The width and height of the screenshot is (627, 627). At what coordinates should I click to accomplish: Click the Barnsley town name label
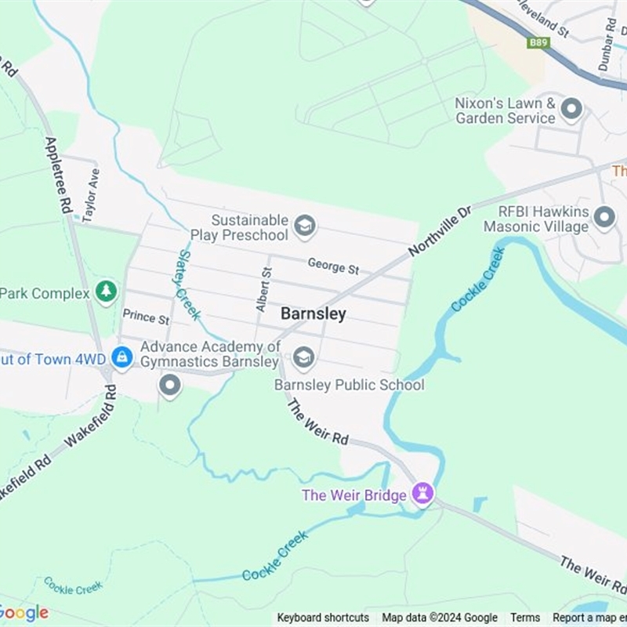pyautogui.click(x=313, y=313)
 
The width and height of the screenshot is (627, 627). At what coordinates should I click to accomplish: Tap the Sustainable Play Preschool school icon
pyautogui.click(x=304, y=228)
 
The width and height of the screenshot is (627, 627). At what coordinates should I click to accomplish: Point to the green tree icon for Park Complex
pyautogui.click(x=106, y=292)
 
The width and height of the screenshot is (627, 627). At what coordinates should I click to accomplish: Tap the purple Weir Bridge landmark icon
pyautogui.click(x=424, y=494)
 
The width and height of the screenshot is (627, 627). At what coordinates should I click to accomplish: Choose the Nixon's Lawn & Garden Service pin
pyautogui.click(x=572, y=110)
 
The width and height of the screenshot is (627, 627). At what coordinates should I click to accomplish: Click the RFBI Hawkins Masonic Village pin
pyautogui.click(x=603, y=218)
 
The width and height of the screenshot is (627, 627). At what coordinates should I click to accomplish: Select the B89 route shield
pyautogui.click(x=538, y=42)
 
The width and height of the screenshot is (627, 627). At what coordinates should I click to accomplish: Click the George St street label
pyautogui.click(x=333, y=266)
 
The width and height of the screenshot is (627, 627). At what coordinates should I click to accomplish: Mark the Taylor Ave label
pyautogui.click(x=91, y=194)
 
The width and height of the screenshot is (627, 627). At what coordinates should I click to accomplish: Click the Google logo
pyautogui.click(x=24, y=613)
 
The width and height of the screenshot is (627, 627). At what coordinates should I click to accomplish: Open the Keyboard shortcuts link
pyautogui.click(x=323, y=618)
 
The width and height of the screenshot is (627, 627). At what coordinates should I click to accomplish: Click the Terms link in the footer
pyautogui.click(x=525, y=618)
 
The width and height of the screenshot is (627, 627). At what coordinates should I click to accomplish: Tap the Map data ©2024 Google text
pyautogui.click(x=440, y=618)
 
